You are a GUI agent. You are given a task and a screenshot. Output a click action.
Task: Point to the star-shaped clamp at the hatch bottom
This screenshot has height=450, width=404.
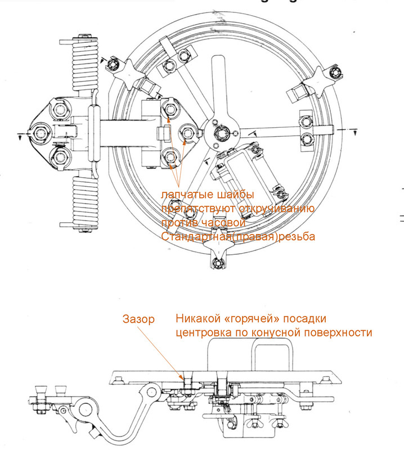[x=219, y=259]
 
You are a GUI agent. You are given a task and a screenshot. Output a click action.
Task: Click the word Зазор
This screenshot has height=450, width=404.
[x=138, y=319]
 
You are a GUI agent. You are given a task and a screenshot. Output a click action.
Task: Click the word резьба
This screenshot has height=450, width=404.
[x=295, y=237]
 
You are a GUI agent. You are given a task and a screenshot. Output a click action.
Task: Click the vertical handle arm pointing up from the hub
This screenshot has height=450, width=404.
[x=219, y=90]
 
